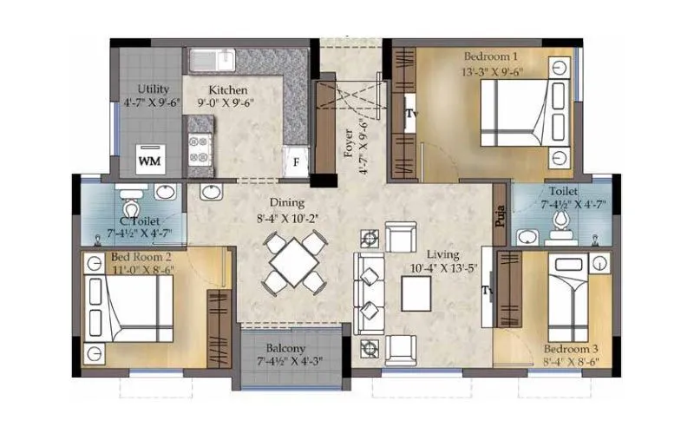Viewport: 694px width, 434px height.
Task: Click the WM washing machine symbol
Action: pos(148,161)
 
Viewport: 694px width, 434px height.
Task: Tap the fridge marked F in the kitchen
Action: pos(296,161)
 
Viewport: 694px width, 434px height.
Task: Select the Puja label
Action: pos(501,214)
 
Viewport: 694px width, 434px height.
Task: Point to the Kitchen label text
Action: pos(227,89)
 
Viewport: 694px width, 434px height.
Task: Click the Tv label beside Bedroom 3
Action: pos(488,290)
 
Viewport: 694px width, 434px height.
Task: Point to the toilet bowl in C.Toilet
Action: pos(132,208)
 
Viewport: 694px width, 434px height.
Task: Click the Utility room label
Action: pos(153,89)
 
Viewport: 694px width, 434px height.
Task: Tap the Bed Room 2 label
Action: pos(141,257)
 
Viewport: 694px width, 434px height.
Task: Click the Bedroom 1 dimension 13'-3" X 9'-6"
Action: pos(492,73)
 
